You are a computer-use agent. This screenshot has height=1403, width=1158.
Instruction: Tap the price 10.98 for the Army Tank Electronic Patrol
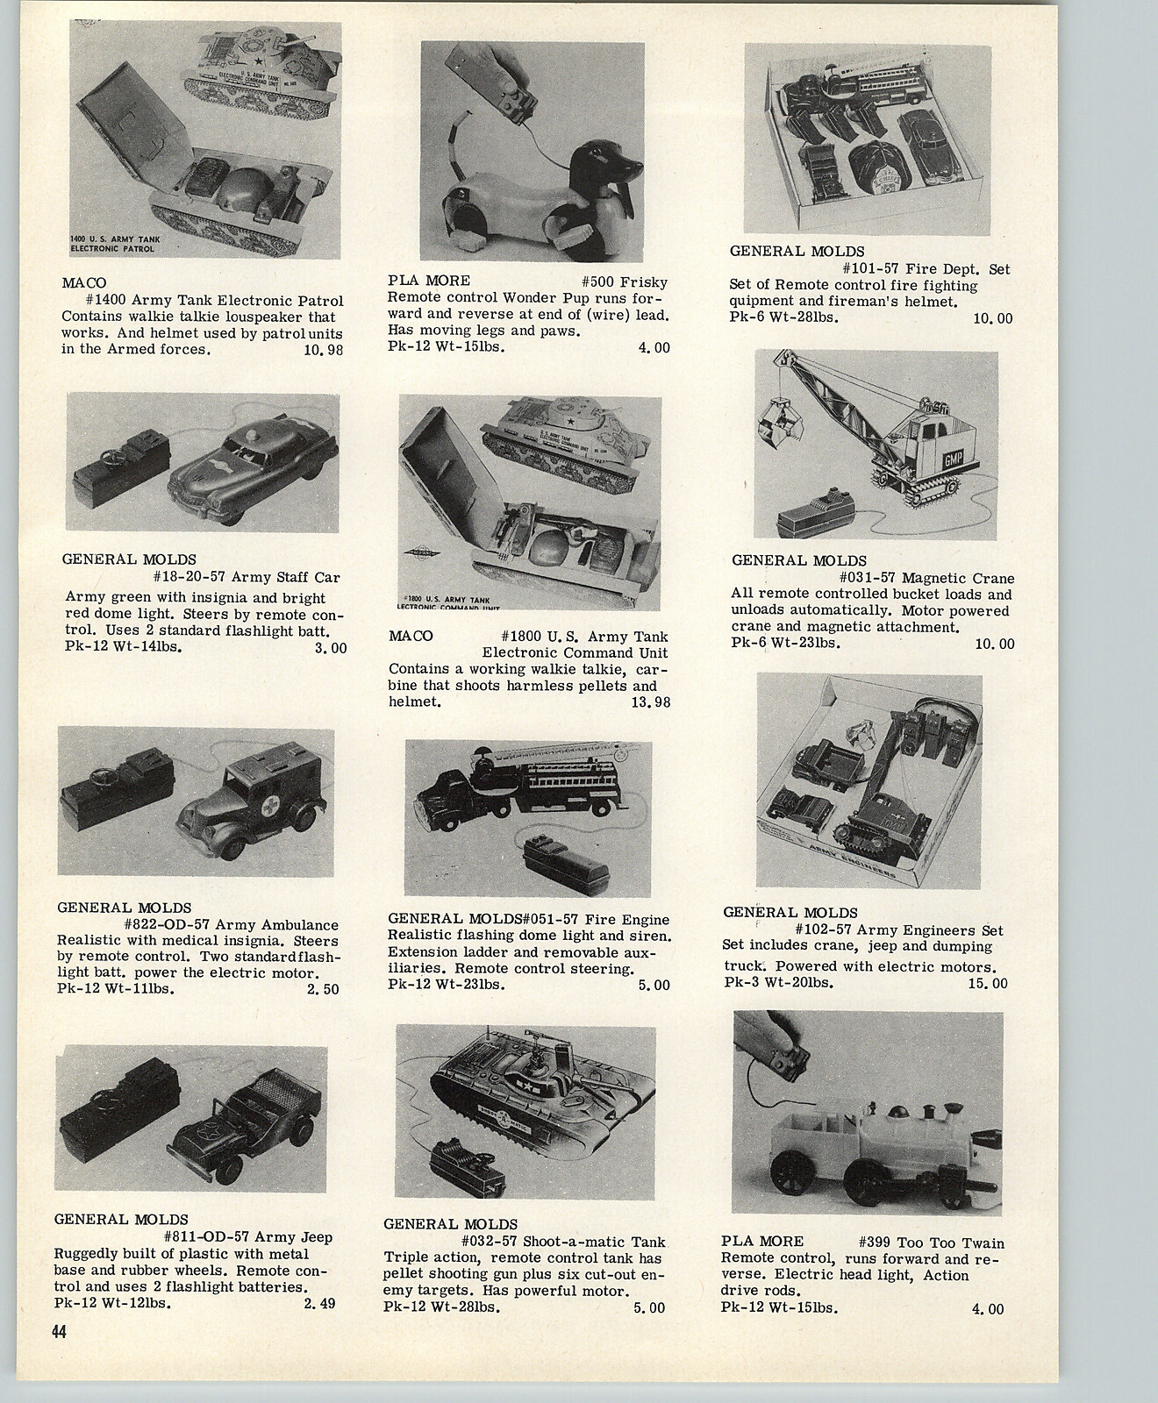coord(322,351)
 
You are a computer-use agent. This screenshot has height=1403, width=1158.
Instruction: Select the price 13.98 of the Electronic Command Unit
coord(649,702)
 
